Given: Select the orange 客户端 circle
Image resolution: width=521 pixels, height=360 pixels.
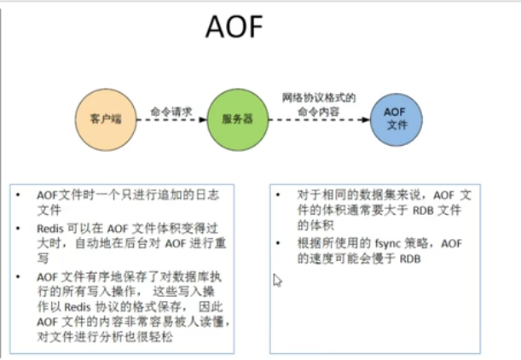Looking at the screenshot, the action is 105,118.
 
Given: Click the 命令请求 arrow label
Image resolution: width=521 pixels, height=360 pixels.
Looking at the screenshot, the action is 171,110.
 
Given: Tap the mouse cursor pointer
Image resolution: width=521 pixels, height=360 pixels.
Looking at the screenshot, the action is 276,280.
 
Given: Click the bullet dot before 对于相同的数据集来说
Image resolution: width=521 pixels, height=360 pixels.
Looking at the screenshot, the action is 281,195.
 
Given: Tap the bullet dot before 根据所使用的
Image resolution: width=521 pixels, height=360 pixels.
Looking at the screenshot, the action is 281,244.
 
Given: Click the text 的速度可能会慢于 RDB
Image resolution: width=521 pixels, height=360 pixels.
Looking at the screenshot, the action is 352,259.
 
